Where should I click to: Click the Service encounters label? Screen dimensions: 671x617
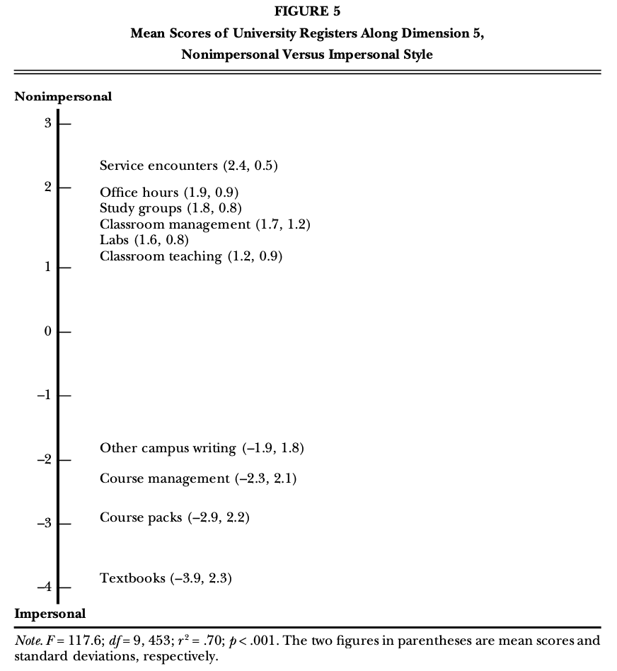coord(189,166)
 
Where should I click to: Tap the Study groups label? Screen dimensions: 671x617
coord(171,208)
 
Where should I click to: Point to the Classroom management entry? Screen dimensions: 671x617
coord(205,224)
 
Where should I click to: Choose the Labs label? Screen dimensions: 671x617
coord(144,240)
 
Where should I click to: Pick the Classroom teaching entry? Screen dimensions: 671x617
coord(191,256)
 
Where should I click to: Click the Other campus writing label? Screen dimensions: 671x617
coord(202,448)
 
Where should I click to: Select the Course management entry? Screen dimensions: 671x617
coord(198,479)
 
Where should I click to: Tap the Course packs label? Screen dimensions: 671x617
coord(175,517)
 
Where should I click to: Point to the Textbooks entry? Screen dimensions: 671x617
coord(166,578)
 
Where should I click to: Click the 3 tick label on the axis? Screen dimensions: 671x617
coord(48,123)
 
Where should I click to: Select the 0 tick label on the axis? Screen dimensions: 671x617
coord(48,331)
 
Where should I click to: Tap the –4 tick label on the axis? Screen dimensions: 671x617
coord(45,587)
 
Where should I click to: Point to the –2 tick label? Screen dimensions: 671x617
coord(45,459)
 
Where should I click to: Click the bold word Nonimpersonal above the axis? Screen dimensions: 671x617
coord(63,97)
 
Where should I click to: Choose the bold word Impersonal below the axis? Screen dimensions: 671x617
coord(50,614)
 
